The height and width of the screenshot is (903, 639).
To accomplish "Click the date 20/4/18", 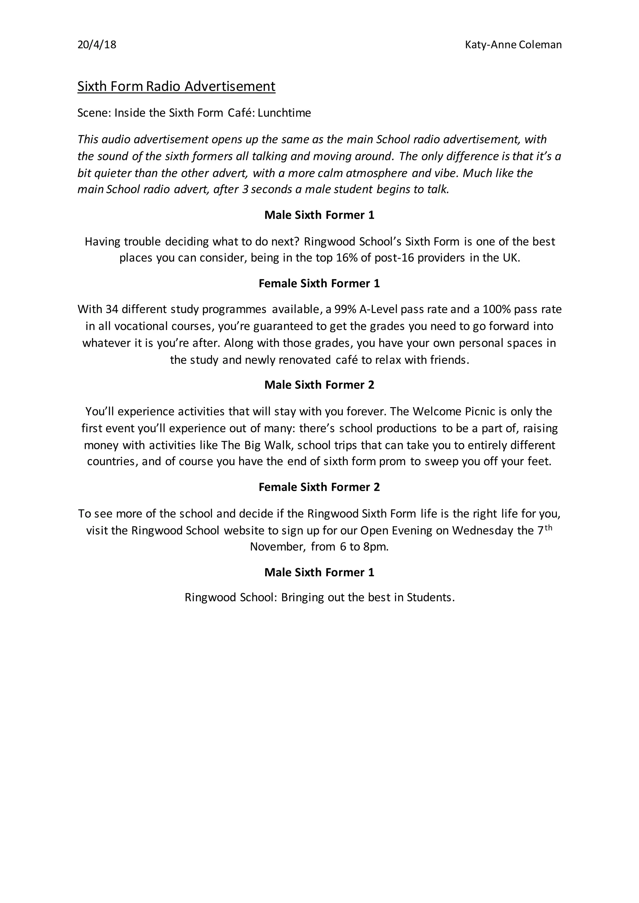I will pyautogui.click(x=97, y=45).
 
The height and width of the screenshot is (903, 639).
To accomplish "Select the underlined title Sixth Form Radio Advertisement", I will pyautogui.click(x=176, y=86).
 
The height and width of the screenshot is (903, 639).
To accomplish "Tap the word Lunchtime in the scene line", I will pyautogui.click(x=284, y=113).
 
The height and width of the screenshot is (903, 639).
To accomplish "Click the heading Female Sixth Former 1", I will pyautogui.click(x=319, y=283).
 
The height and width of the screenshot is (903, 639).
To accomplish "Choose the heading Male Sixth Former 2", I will pyautogui.click(x=319, y=385).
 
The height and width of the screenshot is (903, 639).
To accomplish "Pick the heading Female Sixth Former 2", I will pyautogui.click(x=319, y=487).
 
